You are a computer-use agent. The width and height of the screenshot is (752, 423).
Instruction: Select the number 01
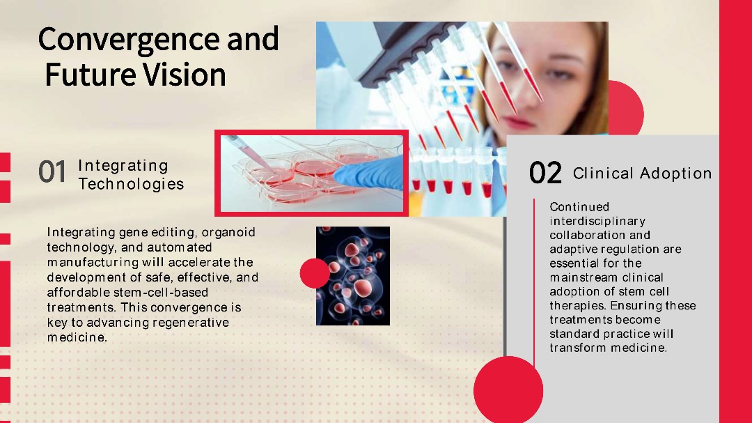tap(52, 172)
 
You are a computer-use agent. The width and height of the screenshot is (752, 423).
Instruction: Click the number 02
tap(545, 173)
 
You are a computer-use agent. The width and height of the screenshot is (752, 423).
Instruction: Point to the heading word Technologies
tap(131, 184)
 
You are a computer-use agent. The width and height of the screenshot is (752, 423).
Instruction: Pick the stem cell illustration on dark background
tap(353, 276)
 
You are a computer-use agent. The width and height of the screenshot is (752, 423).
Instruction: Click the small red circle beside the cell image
tap(315, 273)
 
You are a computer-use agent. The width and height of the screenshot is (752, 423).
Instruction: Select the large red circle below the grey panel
tap(508, 390)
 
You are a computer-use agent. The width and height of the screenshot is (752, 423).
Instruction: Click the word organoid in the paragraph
tap(228, 233)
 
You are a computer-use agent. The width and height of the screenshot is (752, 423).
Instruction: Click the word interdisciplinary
tap(597, 222)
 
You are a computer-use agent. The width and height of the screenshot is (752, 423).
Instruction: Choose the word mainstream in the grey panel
tap(579, 277)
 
